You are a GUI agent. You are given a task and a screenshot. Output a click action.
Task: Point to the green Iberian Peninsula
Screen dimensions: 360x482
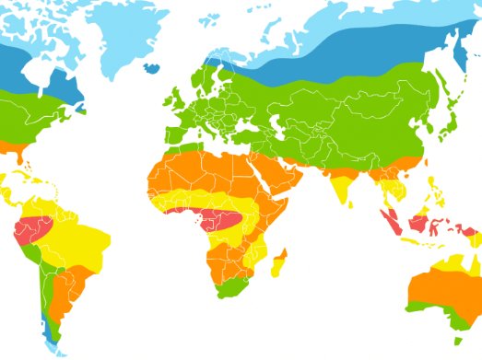tap(170, 129)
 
